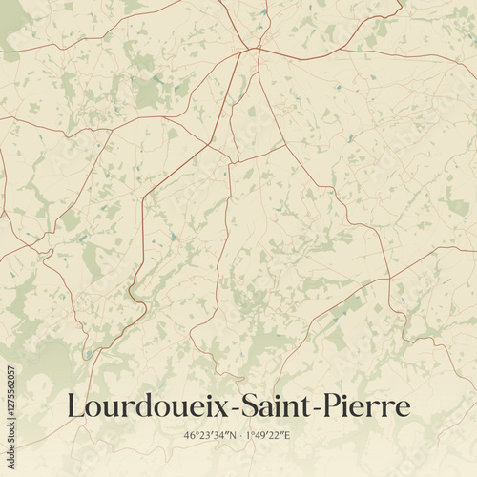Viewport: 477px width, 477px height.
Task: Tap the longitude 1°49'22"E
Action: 267,436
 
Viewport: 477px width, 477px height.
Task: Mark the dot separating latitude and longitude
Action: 238,436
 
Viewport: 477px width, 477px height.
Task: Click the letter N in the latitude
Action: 230,436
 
